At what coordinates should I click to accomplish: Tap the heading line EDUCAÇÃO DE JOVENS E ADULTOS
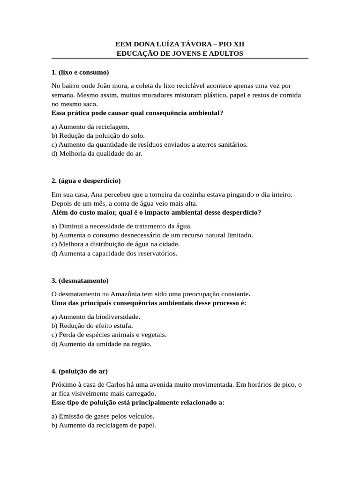180,53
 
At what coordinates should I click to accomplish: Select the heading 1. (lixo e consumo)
80,72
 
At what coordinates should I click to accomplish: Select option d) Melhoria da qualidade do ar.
97,153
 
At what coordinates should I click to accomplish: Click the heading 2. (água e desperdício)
86,180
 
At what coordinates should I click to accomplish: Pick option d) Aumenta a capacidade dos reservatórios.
114,253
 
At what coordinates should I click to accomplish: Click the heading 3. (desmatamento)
80,280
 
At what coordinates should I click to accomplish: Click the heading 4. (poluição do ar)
80,371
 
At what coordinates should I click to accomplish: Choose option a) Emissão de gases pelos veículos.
103,416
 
